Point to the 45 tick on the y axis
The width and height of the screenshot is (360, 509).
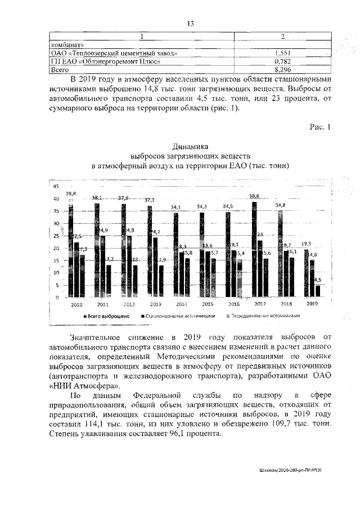tap(56, 187)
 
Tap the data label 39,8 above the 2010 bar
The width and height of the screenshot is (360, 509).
tap(71, 194)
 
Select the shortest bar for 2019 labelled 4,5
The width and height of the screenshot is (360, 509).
tap(318, 291)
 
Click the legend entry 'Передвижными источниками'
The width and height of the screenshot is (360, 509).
tap(263, 317)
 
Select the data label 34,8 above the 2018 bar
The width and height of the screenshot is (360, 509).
tap(280, 205)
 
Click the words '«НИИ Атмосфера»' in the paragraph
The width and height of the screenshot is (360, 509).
tap(84, 386)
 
